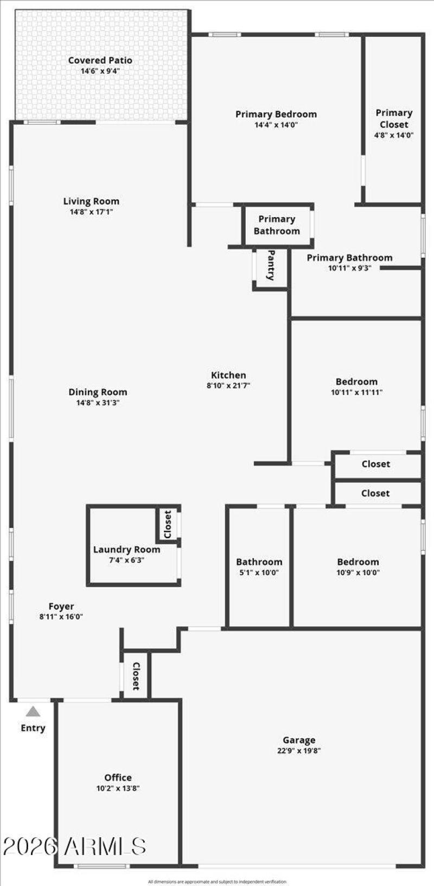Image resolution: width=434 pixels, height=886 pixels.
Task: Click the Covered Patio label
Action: pos(100,60)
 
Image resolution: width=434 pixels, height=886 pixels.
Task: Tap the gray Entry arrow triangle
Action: pos(33,711)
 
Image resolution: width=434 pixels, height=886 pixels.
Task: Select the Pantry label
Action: pos(271,265)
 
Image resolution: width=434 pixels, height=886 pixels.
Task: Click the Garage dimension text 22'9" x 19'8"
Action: pos(299,751)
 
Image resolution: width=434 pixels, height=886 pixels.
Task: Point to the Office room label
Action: pos(118,777)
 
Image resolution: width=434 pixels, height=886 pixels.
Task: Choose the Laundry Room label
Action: pos(126,550)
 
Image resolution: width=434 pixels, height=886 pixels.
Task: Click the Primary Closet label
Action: pos(394,118)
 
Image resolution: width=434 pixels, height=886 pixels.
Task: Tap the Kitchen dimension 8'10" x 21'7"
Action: pos(228,386)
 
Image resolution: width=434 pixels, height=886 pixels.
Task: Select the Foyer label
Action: pos(61,607)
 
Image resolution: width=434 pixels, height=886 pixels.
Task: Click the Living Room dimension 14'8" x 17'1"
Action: pos(91,212)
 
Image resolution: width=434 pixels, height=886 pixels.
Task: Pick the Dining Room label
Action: pos(98,392)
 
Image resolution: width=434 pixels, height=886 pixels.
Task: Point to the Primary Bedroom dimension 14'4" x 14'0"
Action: pos(276,125)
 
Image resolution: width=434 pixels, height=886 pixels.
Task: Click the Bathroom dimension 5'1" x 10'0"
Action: pos(259,572)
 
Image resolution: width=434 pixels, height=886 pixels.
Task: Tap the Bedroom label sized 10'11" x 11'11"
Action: pos(356,382)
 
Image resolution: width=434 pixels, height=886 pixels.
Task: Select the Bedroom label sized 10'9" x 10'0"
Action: pos(358,562)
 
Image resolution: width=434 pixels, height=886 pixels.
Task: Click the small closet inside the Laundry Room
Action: pos(168,524)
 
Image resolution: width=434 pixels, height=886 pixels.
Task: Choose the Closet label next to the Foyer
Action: pos(136,676)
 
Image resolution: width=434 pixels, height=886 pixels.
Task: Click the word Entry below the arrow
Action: pos(33,728)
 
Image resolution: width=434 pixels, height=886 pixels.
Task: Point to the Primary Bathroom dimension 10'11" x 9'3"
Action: pos(349,268)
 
